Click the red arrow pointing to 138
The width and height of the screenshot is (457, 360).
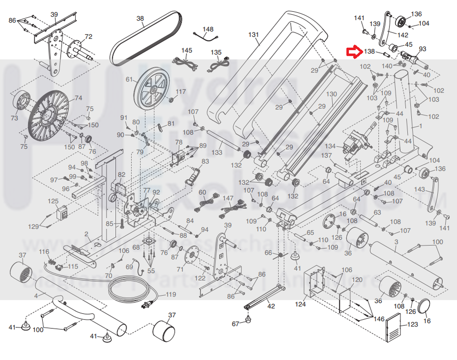click(x=354, y=51)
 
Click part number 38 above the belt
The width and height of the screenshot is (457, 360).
click(x=140, y=19)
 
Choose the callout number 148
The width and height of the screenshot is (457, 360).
click(x=208, y=29)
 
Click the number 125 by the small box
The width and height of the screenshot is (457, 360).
click(x=53, y=201)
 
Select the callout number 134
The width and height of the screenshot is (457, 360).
click(x=330, y=146)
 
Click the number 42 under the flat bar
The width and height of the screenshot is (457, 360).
click(x=271, y=306)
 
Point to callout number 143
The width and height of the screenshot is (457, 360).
click(x=420, y=189)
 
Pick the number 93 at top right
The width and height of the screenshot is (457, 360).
click(x=422, y=49)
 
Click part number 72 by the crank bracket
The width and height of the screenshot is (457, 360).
click(x=89, y=37)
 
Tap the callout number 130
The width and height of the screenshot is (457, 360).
click(x=332, y=94)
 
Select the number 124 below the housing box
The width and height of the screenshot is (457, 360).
click(x=300, y=304)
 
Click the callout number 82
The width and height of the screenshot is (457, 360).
click(x=122, y=175)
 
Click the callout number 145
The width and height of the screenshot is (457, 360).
click(x=186, y=50)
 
